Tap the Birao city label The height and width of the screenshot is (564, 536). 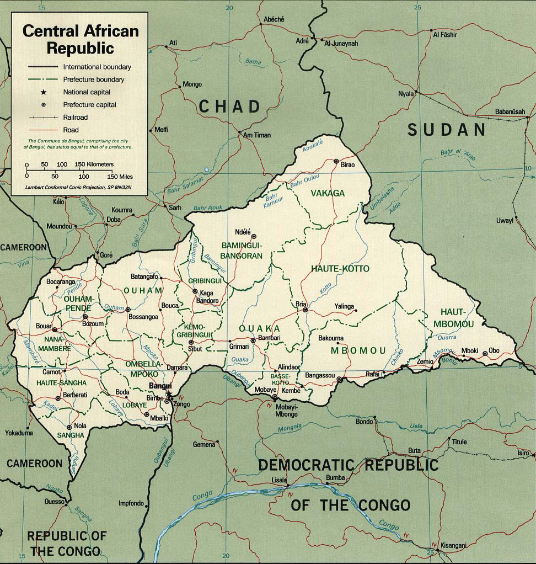click(x=348, y=165)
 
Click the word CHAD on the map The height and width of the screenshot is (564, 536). click(x=229, y=106)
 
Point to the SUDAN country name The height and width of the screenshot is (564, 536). click(x=447, y=130)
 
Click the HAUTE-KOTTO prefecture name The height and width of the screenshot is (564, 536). click(x=340, y=268)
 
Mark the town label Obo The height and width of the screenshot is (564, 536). click(x=494, y=350)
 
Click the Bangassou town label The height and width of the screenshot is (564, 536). click(x=320, y=376)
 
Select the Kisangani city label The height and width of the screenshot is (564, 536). click(x=454, y=545)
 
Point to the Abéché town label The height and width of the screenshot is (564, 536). click(x=274, y=19)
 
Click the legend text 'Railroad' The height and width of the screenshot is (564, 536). click(x=76, y=118)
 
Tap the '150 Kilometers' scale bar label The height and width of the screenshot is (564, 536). click(x=94, y=164)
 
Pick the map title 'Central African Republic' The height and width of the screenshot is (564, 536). click(x=80, y=39)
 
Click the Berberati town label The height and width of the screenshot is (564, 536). click(x=76, y=395)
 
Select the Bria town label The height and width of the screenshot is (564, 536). click(x=301, y=304)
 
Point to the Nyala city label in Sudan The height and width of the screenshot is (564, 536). click(x=406, y=94)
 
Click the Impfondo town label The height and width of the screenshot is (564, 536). click(x=131, y=503)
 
